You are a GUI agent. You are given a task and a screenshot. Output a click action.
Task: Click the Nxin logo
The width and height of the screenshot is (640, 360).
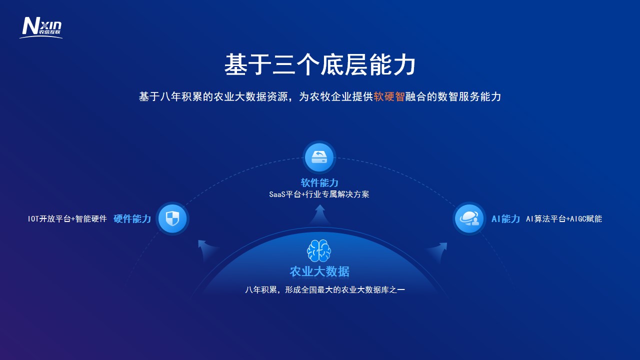(x=41, y=27)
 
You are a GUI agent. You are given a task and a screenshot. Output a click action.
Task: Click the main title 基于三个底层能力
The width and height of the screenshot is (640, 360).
(x=319, y=64)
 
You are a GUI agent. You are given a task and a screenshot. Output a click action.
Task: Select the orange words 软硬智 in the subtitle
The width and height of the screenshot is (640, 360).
(x=389, y=96)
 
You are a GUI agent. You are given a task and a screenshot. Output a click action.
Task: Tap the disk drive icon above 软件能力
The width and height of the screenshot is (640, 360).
(x=319, y=157)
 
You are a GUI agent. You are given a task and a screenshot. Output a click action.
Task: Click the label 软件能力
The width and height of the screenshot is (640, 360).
(x=319, y=182)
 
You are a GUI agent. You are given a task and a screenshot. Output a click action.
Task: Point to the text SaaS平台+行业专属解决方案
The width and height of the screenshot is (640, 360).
(x=319, y=194)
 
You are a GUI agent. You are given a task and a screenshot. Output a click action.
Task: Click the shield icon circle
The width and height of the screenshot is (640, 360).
(x=172, y=218)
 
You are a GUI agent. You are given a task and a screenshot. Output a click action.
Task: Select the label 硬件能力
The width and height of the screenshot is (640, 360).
(x=132, y=219)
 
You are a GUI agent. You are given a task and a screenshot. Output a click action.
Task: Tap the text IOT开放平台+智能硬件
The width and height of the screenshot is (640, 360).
(x=67, y=219)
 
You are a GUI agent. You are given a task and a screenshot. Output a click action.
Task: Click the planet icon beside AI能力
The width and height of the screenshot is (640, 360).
(x=469, y=218)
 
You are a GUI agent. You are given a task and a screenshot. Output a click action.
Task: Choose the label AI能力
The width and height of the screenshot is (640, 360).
(x=505, y=219)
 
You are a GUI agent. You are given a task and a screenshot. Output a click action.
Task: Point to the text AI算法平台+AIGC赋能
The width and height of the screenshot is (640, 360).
(x=564, y=219)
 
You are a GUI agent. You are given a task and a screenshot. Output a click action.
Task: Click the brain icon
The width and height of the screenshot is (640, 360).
(x=319, y=250)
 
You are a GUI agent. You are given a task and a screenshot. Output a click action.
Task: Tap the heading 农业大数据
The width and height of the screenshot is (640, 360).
(x=319, y=271)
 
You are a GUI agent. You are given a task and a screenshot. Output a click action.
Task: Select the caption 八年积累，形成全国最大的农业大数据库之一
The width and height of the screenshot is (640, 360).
(x=325, y=289)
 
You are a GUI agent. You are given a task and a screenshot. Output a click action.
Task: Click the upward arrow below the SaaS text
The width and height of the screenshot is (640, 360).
(x=320, y=214)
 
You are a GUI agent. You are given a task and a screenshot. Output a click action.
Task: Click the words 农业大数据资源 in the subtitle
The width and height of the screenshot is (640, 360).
(x=251, y=96)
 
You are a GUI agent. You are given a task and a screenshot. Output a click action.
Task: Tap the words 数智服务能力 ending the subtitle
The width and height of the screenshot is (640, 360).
(x=469, y=96)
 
